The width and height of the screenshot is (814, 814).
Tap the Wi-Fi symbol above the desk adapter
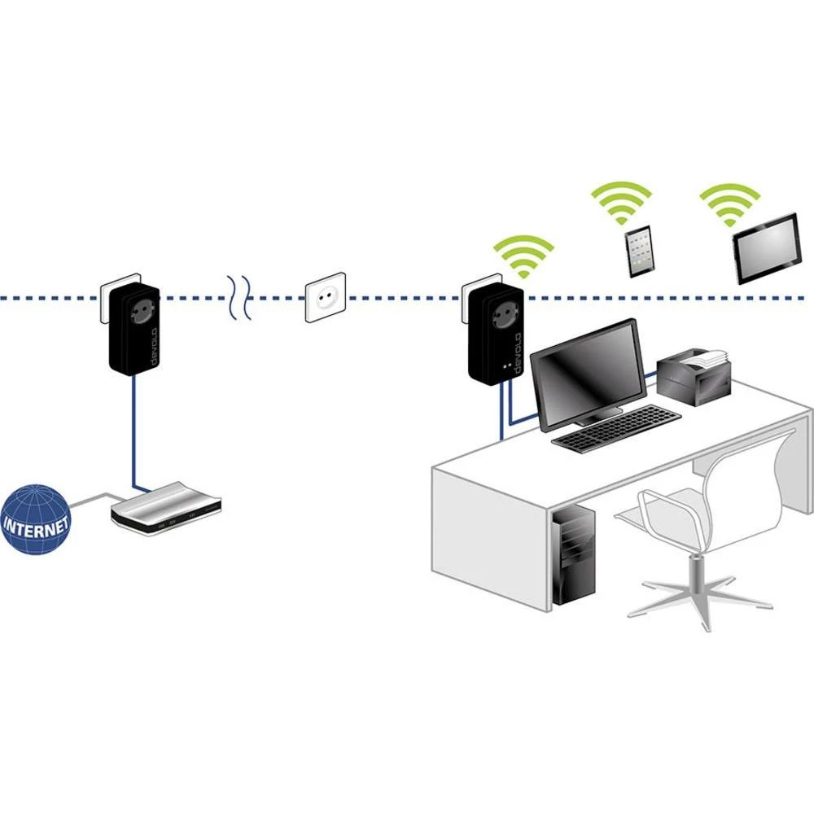pos(525,255)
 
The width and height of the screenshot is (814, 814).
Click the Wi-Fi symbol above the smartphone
pos(621,204)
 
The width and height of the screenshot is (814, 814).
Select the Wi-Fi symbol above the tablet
pos(730,204)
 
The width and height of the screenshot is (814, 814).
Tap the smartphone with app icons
pos(638,252)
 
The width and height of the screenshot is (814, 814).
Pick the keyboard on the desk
pos(616,428)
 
